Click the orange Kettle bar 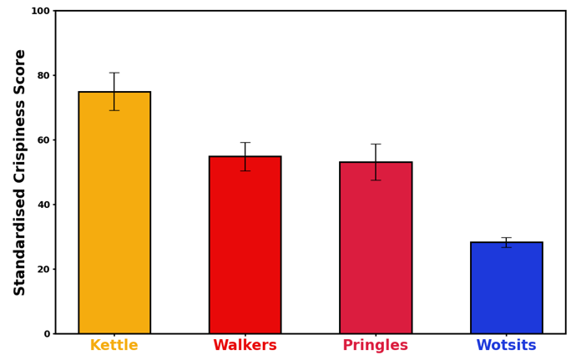[114, 213]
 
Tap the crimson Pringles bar [375, 248]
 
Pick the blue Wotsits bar [506, 288]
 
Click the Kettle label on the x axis [114, 346]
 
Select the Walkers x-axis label [245, 346]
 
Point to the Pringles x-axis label [375, 346]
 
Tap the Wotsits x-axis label [506, 346]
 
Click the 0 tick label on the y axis [47, 334]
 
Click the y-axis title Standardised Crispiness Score [20, 172]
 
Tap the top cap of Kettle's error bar [114, 73]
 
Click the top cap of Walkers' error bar [245, 143]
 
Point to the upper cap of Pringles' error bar [375, 144]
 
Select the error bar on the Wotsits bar [506, 242]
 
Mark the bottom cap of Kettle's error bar [114, 110]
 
